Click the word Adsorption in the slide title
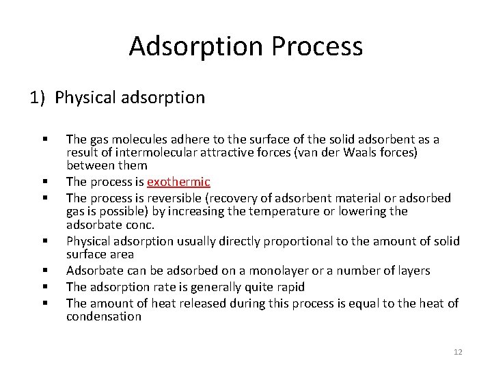[196, 46]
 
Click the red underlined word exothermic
[178, 182]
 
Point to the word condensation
[104, 316]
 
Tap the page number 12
[457, 352]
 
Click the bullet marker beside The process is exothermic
[44, 182]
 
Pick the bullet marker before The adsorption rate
[44, 287]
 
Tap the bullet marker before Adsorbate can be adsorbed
[44, 271]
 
